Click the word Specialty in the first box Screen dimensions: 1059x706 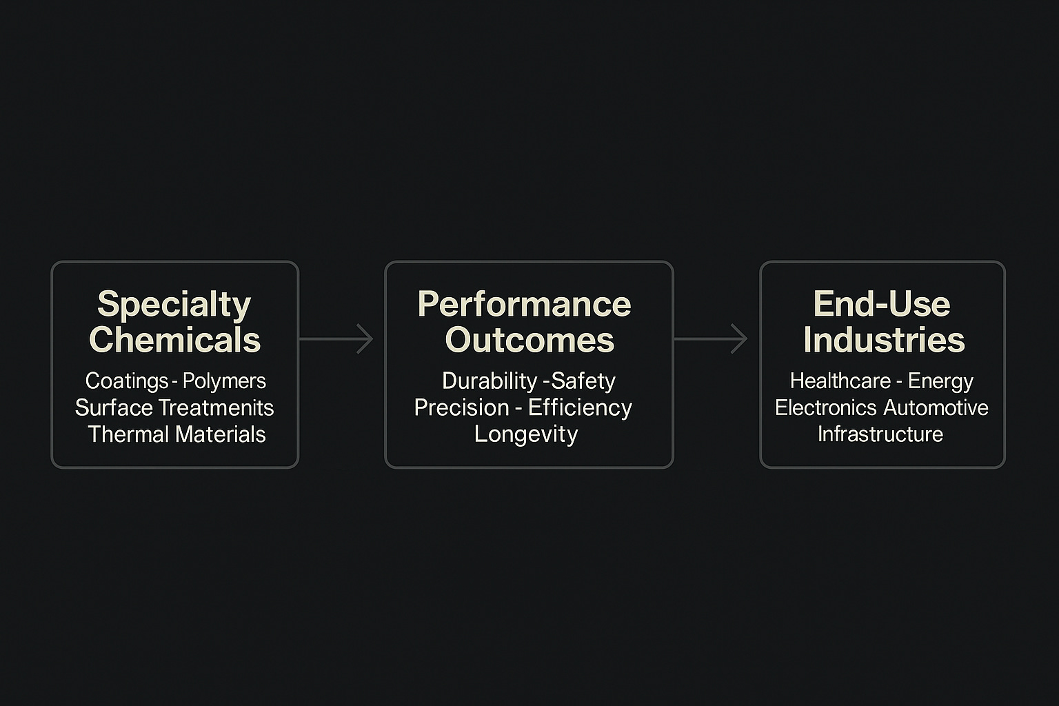[174, 305]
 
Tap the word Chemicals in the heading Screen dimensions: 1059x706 [174, 340]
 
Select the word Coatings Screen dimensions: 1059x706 [127, 381]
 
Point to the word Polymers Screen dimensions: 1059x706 [224, 381]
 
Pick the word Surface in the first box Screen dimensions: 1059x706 [114, 407]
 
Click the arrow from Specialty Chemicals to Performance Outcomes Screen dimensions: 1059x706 [336, 339]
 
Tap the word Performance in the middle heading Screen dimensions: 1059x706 [524, 304]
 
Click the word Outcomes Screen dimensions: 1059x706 [529, 340]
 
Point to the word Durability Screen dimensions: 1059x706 [490, 381]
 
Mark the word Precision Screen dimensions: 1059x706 [461, 407]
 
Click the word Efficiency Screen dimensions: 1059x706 [580, 407]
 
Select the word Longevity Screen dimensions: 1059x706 [526, 434]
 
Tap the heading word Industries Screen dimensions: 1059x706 [884, 340]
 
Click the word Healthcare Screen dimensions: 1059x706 [840, 381]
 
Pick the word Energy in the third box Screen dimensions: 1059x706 [940, 381]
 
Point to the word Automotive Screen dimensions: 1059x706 [935, 407]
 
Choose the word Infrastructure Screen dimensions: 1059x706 [880, 434]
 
